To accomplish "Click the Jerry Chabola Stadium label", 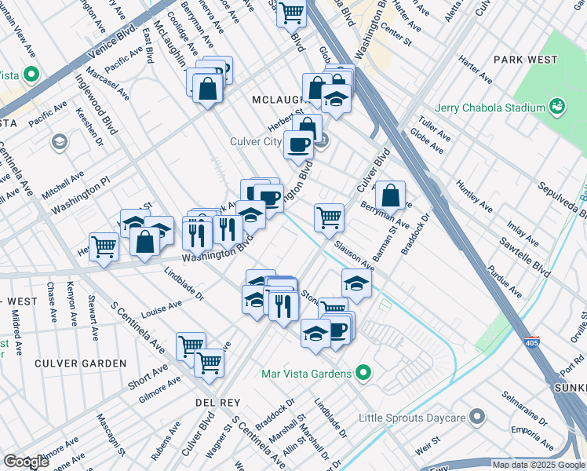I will click(490, 108).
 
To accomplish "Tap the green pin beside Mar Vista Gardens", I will click(363, 374).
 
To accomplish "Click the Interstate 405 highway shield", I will click(532, 343).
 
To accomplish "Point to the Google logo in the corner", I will click(26, 462).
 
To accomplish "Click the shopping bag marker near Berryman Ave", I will click(390, 195).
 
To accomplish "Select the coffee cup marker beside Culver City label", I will click(298, 144).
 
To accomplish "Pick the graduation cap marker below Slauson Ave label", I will click(356, 283).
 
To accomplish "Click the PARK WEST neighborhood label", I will click(526, 60).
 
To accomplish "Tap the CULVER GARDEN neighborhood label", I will click(80, 363).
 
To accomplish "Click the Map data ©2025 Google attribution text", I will click(538, 465).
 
